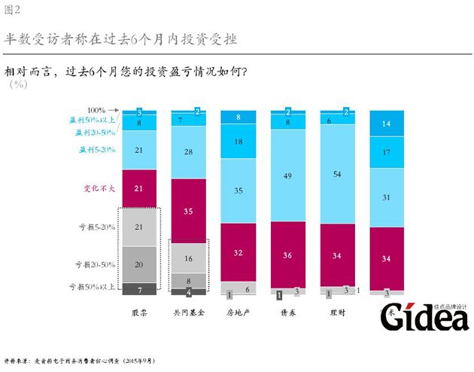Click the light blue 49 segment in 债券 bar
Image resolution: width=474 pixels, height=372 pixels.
tap(288, 176)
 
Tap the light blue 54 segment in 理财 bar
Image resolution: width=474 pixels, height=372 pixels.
tap(338, 175)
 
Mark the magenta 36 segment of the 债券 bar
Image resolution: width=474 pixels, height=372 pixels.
tap(288, 255)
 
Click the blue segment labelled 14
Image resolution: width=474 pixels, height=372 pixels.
tap(387, 123)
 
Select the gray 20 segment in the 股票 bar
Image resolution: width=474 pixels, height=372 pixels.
tap(139, 264)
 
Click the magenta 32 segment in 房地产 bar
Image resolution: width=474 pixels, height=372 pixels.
tap(239, 253)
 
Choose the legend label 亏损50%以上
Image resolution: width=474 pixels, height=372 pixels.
tap(93, 287)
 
